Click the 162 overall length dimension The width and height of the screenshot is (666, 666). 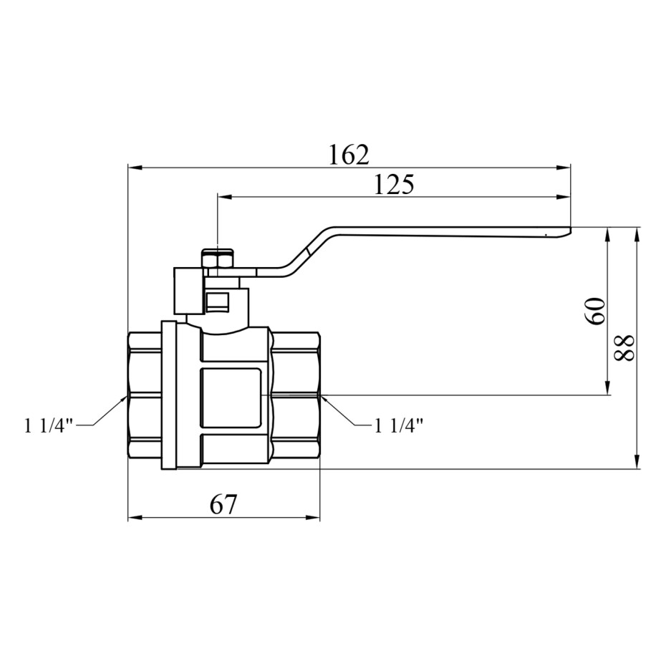(349, 155)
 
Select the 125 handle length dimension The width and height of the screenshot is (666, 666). (394, 184)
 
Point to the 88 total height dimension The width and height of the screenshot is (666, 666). (625, 348)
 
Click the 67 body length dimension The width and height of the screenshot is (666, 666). (223, 505)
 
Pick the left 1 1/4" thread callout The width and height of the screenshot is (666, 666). (49, 425)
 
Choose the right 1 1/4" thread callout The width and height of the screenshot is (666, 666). (398, 425)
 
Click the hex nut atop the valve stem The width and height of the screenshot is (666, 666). (218, 259)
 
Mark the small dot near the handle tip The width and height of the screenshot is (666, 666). (546, 233)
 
